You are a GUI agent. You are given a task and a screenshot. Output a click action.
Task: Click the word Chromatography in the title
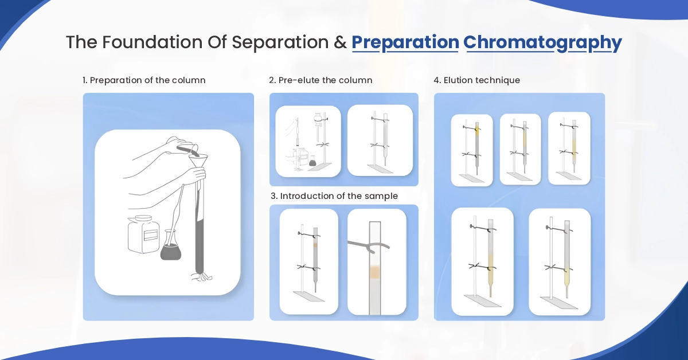click(x=542, y=42)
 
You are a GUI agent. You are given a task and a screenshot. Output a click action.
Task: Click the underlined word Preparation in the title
click(x=405, y=42)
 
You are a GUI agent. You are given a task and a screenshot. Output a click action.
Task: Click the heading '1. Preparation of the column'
click(x=144, y=80)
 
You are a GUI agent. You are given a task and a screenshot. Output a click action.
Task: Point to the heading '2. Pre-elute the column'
click(x=320, y=80)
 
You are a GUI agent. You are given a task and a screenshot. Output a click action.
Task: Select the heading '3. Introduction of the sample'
click(x=334, y=196)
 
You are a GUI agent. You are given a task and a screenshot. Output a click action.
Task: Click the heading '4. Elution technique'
click(x=477, y=80)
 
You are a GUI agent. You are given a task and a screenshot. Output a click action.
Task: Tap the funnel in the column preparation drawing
click(x=198, y=166)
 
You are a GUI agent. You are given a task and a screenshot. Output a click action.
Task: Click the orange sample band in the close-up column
click(x=376, y=272)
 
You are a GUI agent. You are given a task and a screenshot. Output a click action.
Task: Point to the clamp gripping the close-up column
click(x=368, y=245)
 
